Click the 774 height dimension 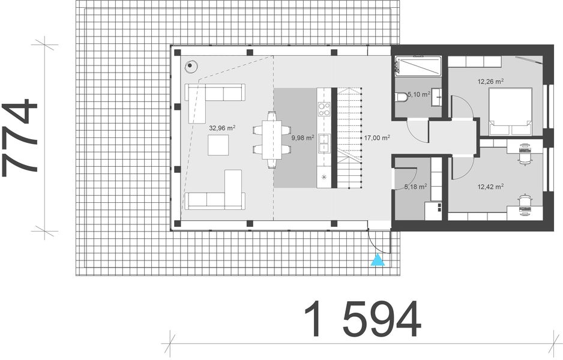tap(20, 139)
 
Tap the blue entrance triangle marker tap(378, 259)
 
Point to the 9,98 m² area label tap(303, 137)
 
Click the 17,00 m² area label tap(377, 137)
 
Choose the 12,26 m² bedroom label tap(490, 81)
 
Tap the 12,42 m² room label tap(490, 187)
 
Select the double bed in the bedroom tap(510, 111)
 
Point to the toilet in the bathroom tap(400, 98)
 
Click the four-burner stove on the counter tap(324, 109)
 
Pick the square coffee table tap(218, 145)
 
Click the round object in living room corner tap(191, 65)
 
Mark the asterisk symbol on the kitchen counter tap(324, 177)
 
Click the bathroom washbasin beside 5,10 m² tap(439, 96)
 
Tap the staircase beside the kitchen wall tap(349, 138)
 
